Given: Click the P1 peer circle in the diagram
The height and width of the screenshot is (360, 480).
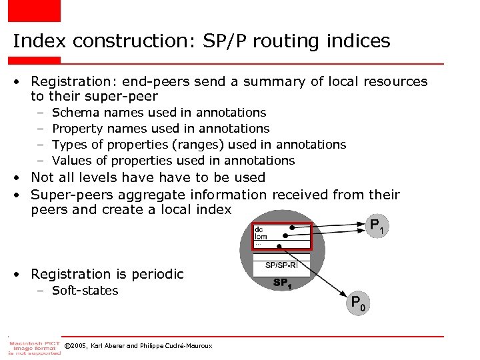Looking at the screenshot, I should point(375,226).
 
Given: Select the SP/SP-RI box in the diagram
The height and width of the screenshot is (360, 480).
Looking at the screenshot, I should point(282,265).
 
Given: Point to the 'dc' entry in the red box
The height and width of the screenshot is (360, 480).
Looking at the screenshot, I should point(259,229).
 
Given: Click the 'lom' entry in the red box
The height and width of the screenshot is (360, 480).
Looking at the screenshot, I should point(261,237).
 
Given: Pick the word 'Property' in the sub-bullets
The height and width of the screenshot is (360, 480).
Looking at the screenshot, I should point(76,128).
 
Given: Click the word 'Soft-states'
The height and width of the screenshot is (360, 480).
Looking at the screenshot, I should point(85,291).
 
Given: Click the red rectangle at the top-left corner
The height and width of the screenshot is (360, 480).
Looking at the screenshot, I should point(34,10).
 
